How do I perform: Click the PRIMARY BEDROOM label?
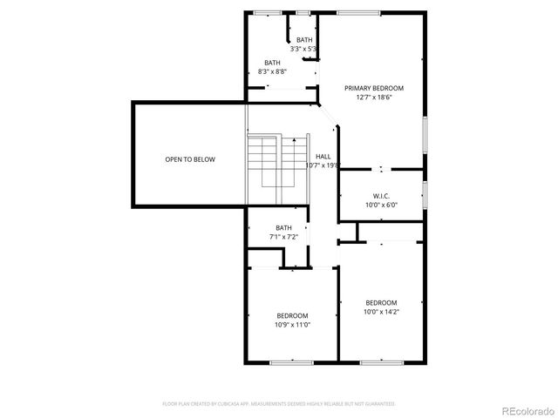click(x=373, y=88)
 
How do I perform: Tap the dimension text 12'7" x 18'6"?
click(x=373, y=98)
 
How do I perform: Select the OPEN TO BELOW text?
click(x=190, y=159)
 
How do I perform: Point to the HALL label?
click(x=323, y=156)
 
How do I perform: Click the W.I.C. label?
click(x=381, y=196)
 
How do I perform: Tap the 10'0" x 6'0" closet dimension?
click(x=381, y=206)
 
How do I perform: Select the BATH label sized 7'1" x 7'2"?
click(x=284, y=227)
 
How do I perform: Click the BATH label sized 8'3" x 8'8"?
click(x=273, y=63)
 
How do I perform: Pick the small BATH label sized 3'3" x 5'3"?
click(x=304, y=40)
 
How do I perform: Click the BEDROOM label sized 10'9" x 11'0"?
click(x=292, y=315)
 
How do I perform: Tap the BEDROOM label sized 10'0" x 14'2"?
click(x=381, y=302)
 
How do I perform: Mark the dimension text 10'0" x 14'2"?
click(x=381, y=312)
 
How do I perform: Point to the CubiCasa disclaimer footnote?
click(x=279, y=404)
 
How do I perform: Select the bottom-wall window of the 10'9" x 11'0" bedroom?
click(x=291, y=361)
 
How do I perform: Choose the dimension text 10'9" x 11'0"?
click(x=292, y=325)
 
